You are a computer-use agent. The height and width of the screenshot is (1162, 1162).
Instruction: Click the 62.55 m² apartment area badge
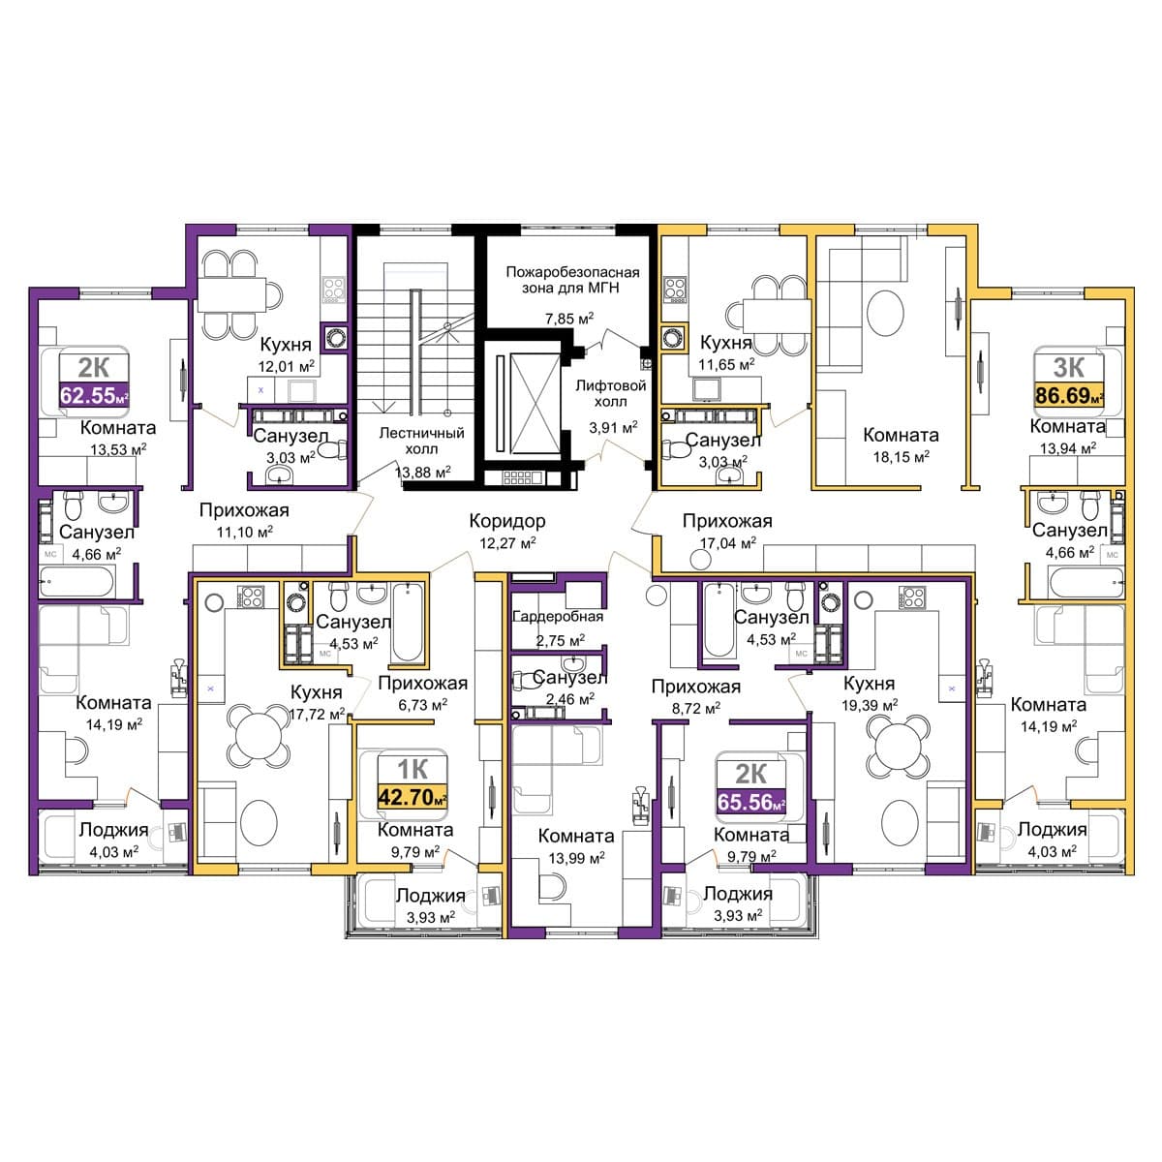(94, 382)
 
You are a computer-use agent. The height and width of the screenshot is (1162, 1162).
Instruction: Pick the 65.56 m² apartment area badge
(750, 787)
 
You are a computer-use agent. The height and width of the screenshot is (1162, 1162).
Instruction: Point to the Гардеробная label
(557, 616)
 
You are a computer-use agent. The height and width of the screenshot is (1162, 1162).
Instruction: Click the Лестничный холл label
(421, 441)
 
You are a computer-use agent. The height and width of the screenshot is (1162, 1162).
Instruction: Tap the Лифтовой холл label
(610, 393)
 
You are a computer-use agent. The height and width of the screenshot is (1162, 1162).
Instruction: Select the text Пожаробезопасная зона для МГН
(572, 280)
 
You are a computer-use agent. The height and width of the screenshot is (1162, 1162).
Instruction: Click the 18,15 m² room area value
(901, 457)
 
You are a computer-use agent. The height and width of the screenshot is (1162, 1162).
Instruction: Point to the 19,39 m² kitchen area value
(869, 704)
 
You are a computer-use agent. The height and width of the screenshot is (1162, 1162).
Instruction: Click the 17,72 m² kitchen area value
(317, 714)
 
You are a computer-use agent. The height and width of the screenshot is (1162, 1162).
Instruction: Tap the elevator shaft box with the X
(535, 404)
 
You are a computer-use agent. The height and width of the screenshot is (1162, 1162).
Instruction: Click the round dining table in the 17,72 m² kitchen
(259, 735)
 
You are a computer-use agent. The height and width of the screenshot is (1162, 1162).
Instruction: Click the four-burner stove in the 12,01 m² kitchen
(333, 290)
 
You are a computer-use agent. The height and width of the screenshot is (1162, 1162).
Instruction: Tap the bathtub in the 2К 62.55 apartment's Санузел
(76, 582)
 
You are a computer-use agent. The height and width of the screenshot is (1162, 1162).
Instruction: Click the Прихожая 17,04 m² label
(726, 532)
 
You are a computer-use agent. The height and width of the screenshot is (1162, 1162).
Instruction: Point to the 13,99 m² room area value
(576, 858)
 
